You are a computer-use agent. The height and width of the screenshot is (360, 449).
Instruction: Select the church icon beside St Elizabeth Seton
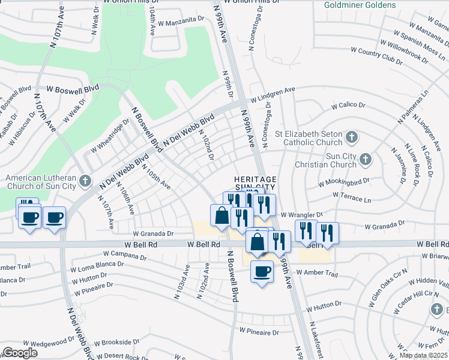click(352, 139)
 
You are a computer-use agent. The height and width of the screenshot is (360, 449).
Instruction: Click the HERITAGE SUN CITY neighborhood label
click(255, 184)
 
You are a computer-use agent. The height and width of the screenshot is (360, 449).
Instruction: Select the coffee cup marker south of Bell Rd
click(262, 271)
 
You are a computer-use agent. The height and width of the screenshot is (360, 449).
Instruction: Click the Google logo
click(20, 353)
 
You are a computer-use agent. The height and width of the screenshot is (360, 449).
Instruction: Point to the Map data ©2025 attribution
click(423, 355)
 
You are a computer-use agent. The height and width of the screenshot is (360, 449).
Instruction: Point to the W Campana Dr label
click(124, 256)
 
